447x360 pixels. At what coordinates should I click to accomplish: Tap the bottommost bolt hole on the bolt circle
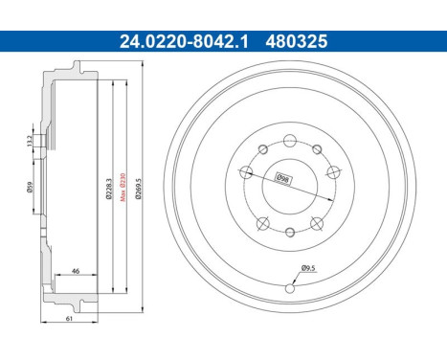[291, 232]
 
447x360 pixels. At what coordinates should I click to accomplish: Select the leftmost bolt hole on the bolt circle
[246, 171]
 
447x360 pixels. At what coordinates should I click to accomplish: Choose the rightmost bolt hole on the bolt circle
[335, 172]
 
